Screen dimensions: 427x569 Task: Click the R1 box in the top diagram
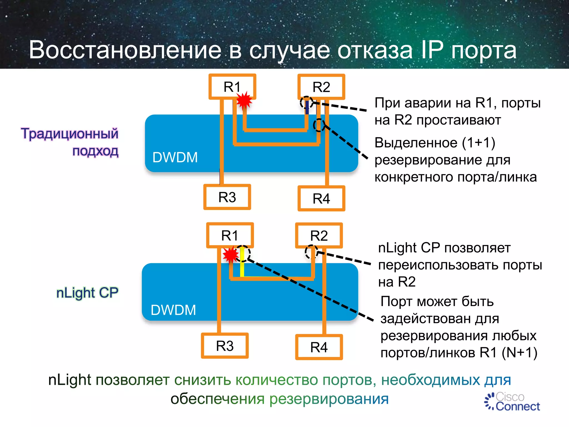pos(232,86)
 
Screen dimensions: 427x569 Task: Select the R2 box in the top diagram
pos(321,87)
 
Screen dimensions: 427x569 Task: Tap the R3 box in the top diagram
pos(227,197)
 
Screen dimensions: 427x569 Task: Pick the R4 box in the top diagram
pos(321,198)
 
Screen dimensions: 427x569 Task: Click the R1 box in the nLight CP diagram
pos(230,235)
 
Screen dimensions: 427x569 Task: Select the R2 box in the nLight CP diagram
pos(319,235)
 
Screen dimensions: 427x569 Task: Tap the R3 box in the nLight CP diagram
pos(225,346)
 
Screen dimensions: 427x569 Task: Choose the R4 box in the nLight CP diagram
pos(319,347)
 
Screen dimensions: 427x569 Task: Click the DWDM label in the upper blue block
pos(175,157)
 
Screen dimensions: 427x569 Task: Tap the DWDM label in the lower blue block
pos(173,310)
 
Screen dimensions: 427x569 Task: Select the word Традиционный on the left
pos(69,134)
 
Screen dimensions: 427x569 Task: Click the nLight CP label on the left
pos(87,293)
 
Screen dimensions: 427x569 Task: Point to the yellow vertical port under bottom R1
pos(242,261)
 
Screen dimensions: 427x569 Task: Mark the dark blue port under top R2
pos(307,107)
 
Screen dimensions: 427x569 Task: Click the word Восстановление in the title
pos(125,50)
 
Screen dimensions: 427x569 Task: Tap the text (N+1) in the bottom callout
pos(519,352)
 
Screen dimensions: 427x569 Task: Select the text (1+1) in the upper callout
pos(478,143)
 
